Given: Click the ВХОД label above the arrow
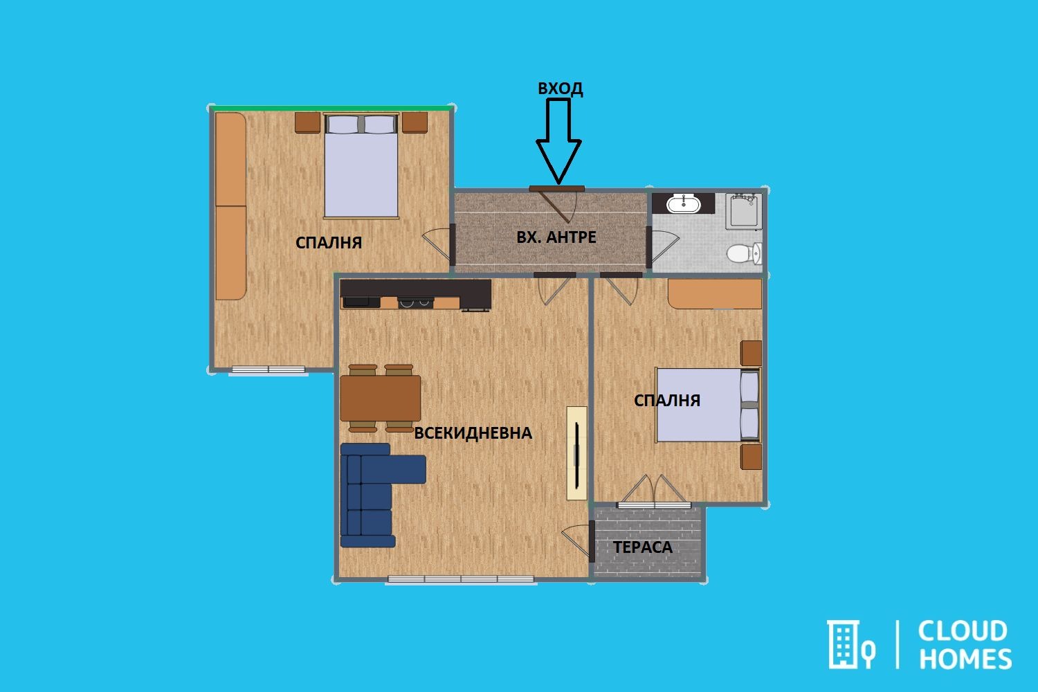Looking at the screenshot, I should [560, 89].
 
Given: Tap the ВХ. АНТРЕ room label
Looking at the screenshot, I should [556, 237].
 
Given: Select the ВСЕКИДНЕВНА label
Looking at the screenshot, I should [473, 433].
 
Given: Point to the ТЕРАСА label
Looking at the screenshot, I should [642, 547].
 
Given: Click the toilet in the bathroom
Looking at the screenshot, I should [744, 253].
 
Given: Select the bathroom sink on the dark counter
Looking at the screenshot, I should [684, 204].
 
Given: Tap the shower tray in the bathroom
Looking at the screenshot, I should [743, 211].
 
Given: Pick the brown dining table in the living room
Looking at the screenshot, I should [381, 398].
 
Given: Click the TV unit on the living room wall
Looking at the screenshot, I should [576, 453].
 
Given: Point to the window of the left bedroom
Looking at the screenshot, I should [268, 370].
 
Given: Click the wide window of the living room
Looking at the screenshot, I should [461, 579].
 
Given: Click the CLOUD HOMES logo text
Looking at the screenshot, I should [964, 645].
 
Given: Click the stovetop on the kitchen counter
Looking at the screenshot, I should [415, 302].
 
